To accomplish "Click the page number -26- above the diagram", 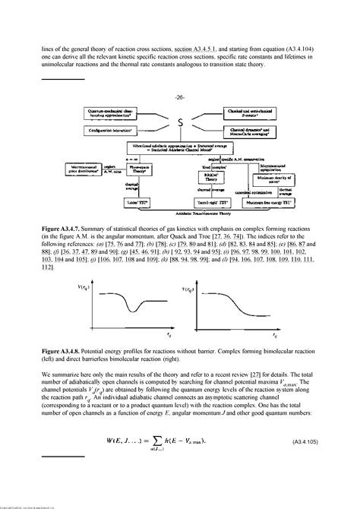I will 179,97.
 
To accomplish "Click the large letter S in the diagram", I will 179,122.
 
